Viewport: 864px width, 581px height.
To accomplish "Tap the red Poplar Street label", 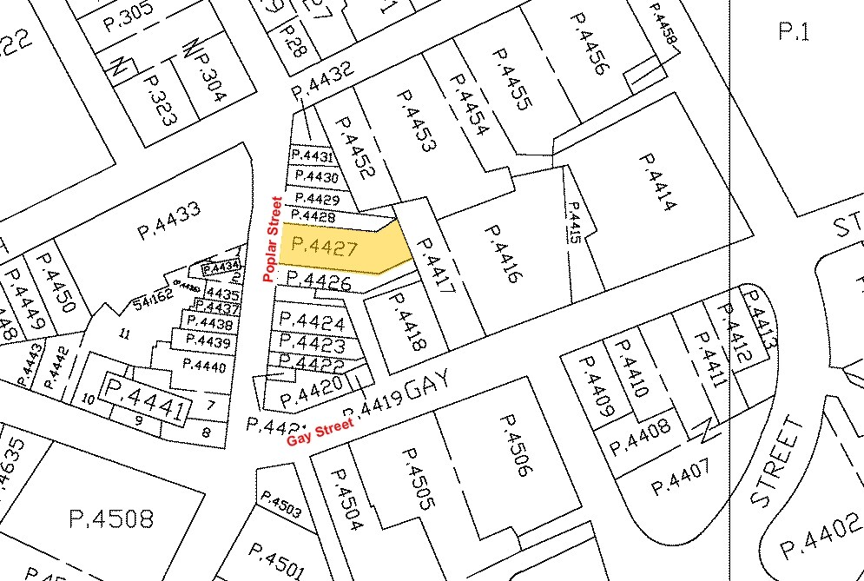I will [x=271, y=239].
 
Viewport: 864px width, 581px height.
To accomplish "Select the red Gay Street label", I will [x=320, y=431].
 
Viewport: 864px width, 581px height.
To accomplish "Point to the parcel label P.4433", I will [x=169, y=221].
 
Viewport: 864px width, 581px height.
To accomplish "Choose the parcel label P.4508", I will [x=110, y=518].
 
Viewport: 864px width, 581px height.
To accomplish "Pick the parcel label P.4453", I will [x=412, y=122].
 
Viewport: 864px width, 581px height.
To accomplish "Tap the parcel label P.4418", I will [x=406, y=320].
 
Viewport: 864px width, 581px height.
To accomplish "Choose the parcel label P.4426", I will [x=318, y=281].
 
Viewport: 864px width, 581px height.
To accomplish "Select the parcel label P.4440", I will [x=204, y=367].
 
